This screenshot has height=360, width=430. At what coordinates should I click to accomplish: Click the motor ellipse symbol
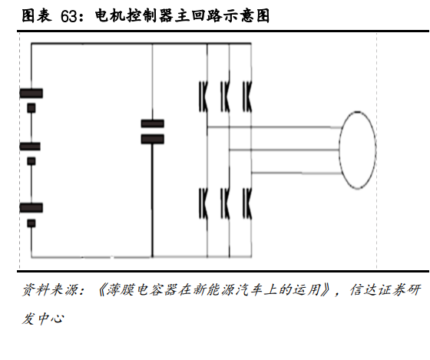click(x=339, y=150)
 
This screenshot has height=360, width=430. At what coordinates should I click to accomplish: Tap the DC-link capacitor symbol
click(x=153, y=131)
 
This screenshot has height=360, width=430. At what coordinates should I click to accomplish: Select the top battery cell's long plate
click(x=31, y=93)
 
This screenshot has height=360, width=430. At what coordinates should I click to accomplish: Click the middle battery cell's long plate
click(x=30, y=147)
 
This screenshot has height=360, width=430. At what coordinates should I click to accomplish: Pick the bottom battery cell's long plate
click(x=31, y=208)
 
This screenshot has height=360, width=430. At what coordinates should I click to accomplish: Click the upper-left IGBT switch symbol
click(x=203, y=97)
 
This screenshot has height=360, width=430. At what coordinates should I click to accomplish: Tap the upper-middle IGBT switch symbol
click(x=226, y=97)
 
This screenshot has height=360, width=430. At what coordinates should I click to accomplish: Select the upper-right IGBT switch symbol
click(x=247, y=97)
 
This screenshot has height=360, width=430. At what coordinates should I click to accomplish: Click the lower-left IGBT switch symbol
click(x=203, y=203)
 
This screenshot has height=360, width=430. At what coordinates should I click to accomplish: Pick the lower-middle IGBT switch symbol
click(x=226, y=203)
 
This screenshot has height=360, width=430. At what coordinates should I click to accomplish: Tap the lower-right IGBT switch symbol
click(x=247, y=203)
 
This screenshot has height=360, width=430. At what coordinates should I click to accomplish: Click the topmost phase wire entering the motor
click(x=274, y=127)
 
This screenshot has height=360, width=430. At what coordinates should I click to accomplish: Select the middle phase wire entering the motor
click(x=285, y=150)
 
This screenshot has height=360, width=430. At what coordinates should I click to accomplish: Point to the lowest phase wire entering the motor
click(x=296, y=173)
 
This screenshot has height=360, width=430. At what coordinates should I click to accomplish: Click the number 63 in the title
click(x=68, y=16)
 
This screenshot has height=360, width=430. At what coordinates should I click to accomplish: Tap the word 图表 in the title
click(x=37, y=15)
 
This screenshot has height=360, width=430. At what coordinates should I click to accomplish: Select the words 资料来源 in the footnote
click(x=50, y=289)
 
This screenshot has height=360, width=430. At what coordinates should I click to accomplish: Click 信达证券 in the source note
click(x=378, y=289)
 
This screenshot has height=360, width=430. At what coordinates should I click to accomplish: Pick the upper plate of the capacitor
click(x=153, y=124)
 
